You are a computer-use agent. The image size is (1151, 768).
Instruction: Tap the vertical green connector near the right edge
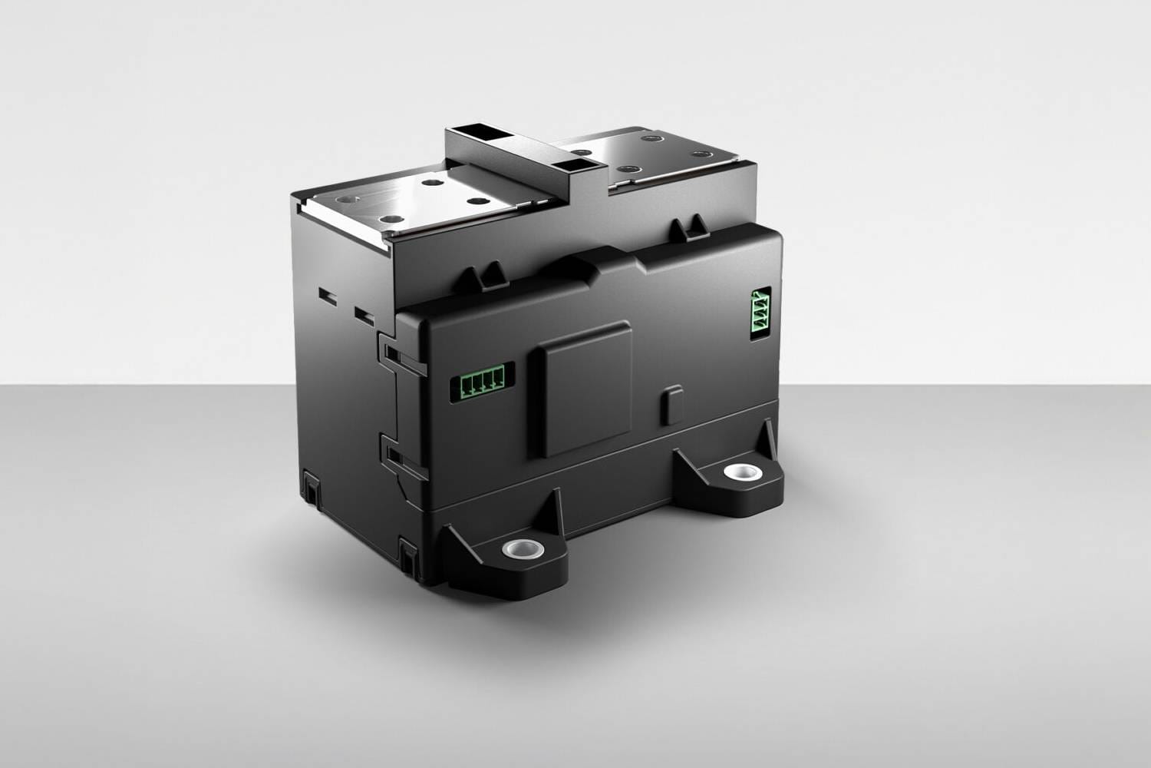[760, 313]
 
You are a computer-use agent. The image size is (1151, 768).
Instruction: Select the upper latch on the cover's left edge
[391, 352]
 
